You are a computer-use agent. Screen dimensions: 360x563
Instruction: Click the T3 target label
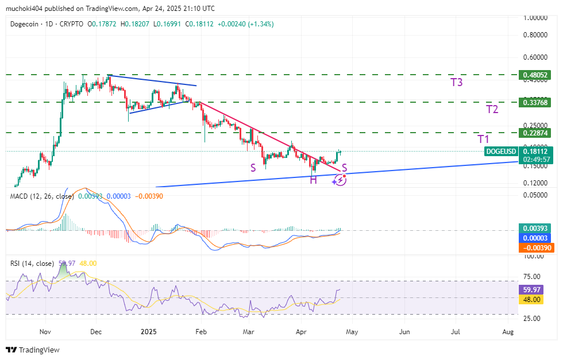pyautogui.click(x=457, y=82)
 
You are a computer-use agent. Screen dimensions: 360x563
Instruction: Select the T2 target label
pyautogui.click(x=492, y=109)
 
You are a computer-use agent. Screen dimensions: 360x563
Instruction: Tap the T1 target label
pyautogui.click(x=484, y=140)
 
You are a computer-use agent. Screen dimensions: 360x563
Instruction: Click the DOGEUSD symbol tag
pyautogui.click(x=501, y=151)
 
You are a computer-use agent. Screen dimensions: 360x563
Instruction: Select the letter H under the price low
pyautogui.click(x=314, y=180)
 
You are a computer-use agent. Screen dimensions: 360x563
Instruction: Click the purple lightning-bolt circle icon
pyautogui.click(x=341, y=180)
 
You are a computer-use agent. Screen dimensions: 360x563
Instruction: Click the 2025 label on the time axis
pyautogui.click(x=148, y=331)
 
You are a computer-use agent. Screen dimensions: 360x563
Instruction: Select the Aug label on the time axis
pyautogui.click(x=508, y=331)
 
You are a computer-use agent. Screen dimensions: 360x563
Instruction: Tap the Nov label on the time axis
pyautogui.click(x=45, y=331)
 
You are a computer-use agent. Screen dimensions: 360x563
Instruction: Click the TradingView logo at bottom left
pyautogui.click(x=33, y=350)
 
